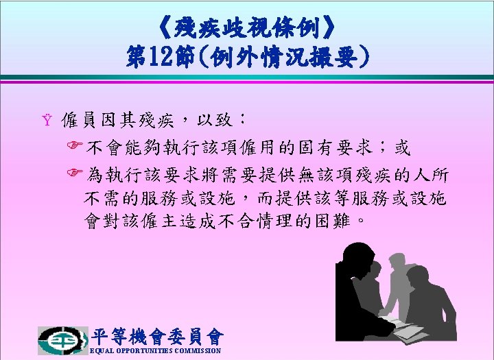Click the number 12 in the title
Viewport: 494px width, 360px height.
(161, 57)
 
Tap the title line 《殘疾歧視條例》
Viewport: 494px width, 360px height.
(247, 28)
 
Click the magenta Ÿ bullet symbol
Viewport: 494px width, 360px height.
(47, 119)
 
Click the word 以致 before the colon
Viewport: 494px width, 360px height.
(215, 120)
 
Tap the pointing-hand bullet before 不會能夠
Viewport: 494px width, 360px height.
(75, 145)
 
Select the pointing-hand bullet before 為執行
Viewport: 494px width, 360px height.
(75, 172)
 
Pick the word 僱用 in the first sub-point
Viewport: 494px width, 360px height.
(260, 147)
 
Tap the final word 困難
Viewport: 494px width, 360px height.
(333, 221)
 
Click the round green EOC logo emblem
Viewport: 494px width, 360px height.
(62, 341)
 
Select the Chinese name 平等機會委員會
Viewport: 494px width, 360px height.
(158, 337)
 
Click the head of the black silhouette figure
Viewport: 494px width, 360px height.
(358, 257)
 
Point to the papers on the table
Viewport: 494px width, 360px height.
(405, 328)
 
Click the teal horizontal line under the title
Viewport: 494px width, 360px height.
(247, 77)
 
